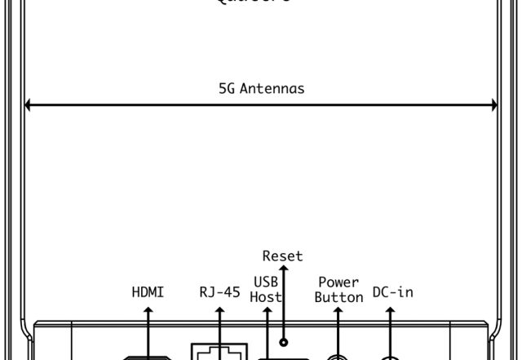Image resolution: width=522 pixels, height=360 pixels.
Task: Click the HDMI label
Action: click(148, 291)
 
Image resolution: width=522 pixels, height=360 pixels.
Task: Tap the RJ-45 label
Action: click(219, 291)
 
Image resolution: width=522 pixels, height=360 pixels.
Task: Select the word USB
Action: click(266, 282)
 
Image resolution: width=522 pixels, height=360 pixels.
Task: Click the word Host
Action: click(266, 297)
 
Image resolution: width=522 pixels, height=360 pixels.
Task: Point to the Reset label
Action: click(282, 256)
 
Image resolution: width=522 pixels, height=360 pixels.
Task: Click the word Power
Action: click(338, 282)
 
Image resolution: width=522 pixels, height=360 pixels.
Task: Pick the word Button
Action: click(338, 297)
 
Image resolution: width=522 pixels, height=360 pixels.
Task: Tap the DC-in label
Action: click(392, 291)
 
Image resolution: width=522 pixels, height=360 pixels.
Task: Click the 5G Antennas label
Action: click(261, 88)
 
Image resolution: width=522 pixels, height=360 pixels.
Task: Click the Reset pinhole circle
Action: click(283, 342)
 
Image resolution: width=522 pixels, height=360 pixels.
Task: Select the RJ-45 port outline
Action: click(219, 352)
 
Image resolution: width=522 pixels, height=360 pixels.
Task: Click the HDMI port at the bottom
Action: click(148, 358)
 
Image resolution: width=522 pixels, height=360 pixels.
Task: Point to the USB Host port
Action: click(283, 358)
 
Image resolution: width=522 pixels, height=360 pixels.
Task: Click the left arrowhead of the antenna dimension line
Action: click(29, 104)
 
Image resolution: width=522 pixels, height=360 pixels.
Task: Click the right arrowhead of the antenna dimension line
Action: click(493, 104)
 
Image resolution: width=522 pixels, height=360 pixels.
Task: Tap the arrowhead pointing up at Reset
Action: click(282, 269)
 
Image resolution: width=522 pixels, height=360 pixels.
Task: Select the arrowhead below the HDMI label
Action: click(148, 311)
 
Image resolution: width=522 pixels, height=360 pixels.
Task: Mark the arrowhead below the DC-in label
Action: click(391, 311)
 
